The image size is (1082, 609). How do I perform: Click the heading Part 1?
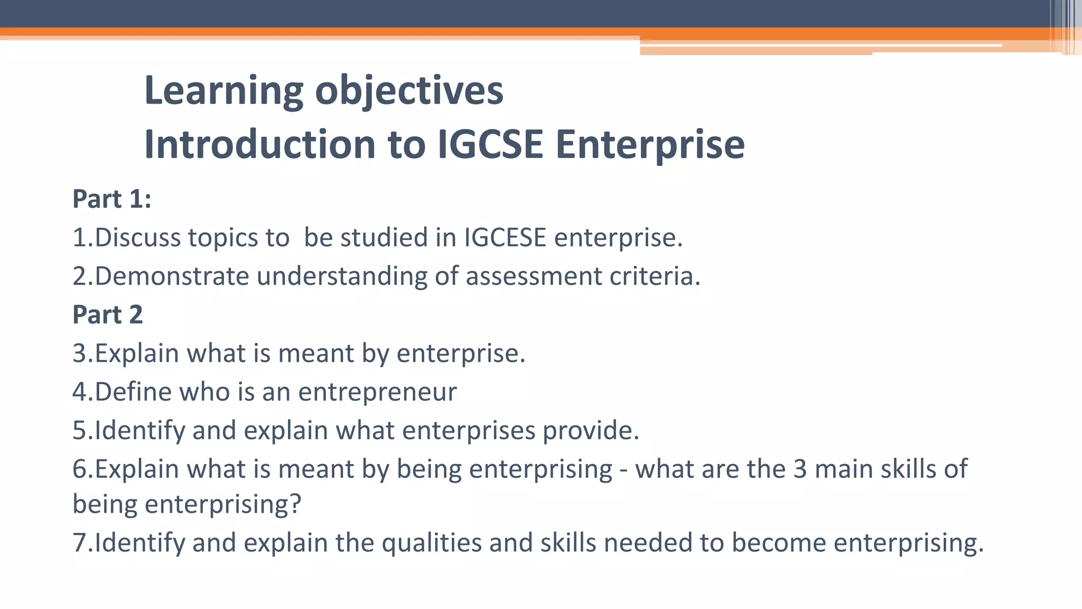pos(112,199)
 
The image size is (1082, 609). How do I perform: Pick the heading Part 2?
pos(108,315)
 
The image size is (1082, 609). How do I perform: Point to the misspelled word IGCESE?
pos(505,237)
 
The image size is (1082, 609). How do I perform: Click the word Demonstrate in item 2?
pos(172,276)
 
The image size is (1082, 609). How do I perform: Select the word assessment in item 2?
pos(533,276)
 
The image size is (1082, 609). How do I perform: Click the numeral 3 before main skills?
pos(800,469)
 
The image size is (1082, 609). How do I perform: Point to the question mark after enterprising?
pos(295,504)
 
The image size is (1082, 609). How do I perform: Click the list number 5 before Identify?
pos(79,430)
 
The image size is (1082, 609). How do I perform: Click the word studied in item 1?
pos(384,237)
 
